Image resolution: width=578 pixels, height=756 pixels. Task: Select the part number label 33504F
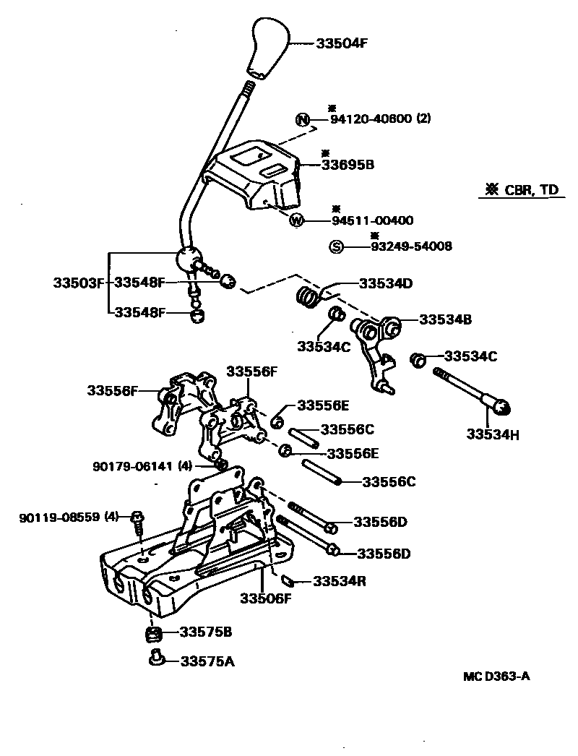[x=342, y=43]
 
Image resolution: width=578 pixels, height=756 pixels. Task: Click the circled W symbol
[x=296, y=220]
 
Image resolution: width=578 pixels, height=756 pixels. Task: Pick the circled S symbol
[x=336, y=246]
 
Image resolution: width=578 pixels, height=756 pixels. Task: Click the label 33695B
[x=348, y=165]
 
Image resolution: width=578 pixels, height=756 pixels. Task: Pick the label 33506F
[x=266, y=598]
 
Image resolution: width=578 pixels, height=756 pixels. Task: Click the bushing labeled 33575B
[x=152, y=634]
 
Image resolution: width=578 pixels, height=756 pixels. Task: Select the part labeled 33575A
[x=155, y=658]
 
